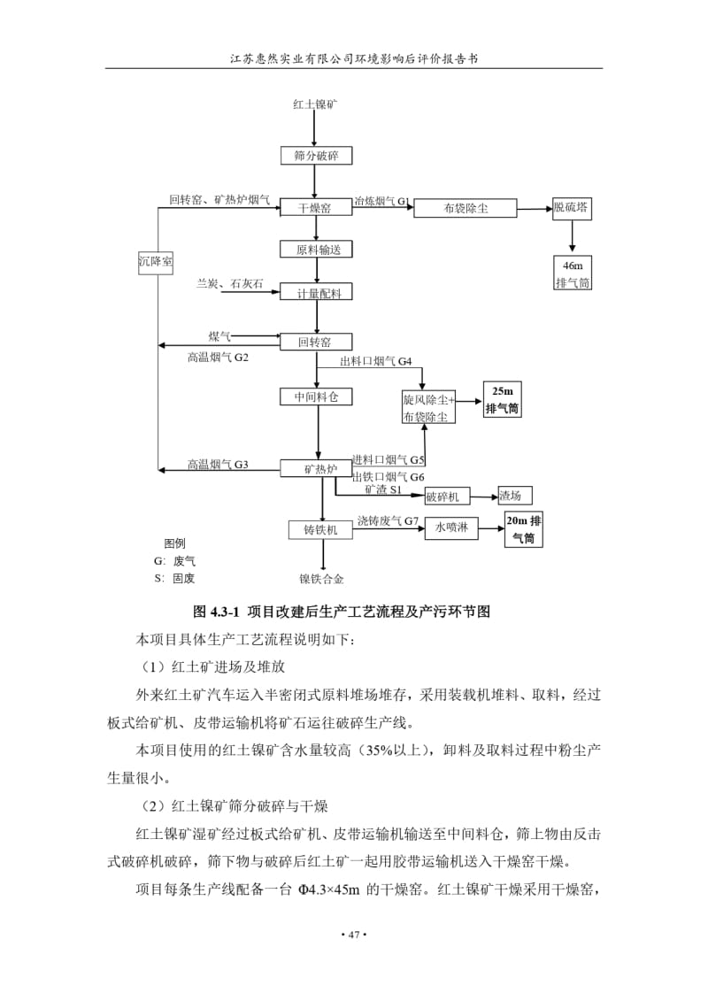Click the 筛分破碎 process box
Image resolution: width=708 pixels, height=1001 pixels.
(x=316, y=156)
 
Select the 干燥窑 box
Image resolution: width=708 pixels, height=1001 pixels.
(x=316, y=207)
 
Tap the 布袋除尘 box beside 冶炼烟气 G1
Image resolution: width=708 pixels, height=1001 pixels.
(x=466, y=208)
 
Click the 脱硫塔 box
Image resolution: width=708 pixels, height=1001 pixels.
(x=572, y=208)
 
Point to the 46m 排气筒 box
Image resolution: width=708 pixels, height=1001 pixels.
(x=572, y=273)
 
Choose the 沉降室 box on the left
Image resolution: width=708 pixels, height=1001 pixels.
(x=156, y=262)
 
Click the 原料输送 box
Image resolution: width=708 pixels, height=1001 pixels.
(x=316, y=249)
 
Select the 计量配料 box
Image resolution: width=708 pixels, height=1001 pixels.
(x=316, y=292)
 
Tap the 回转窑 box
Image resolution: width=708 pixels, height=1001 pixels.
(x=316, y=342)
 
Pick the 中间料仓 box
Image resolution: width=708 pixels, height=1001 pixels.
(x=316, y=397)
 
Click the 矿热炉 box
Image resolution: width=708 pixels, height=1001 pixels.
(x=316, y=468)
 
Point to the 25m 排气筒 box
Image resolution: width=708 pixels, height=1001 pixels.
(x=502, y=400)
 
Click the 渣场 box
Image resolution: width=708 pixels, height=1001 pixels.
(x=514, y=496)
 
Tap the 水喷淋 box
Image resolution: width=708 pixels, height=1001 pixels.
(x=451, y=527)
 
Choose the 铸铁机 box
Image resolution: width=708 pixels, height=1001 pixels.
(x=319, y=530)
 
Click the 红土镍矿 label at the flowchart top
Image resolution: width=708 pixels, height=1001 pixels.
(x=315, y=104)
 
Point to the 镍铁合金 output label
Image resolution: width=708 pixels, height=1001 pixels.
(x=322, y=579)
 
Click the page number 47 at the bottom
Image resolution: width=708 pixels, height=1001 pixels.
(x=354, y=936)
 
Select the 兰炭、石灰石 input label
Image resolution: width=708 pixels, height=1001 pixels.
(x=230, y=283)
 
